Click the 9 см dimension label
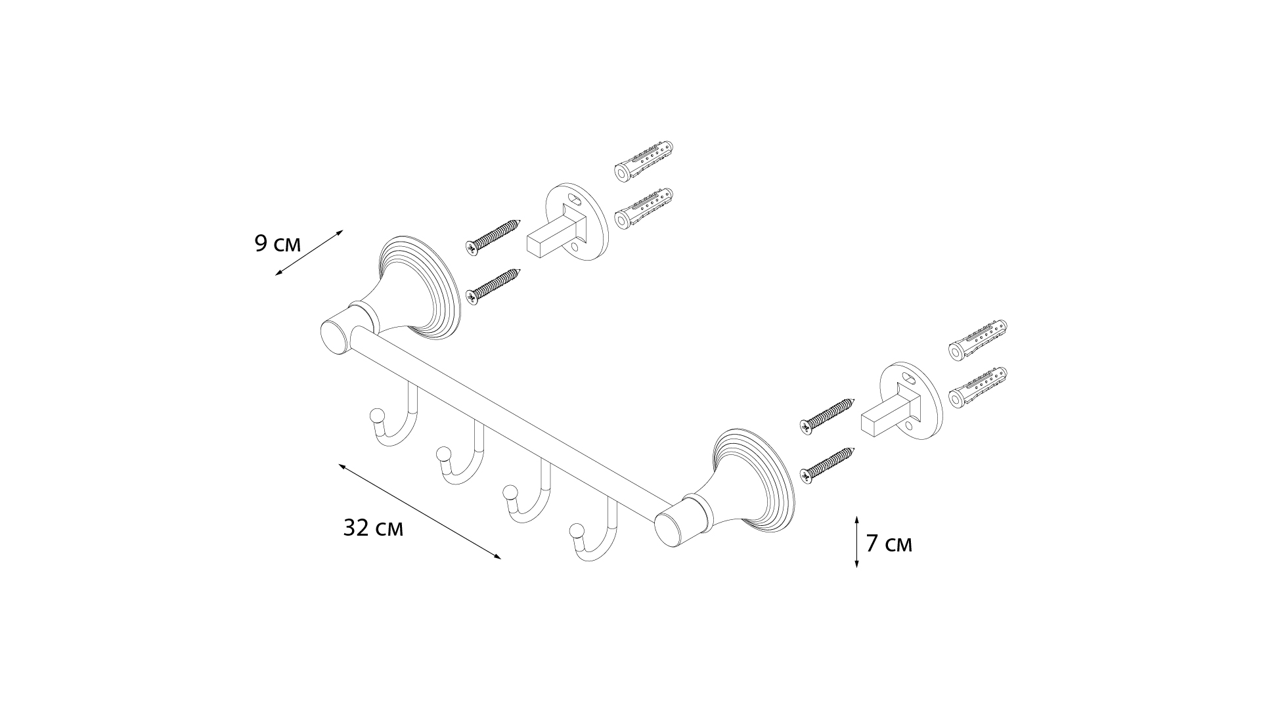[x=277, y=244]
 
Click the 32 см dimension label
[x=373, y=528]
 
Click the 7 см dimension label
[x=889, y=544]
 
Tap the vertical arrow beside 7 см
[x=856, y=542]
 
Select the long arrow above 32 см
[x=420, y=511]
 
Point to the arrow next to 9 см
[x=309, y=252]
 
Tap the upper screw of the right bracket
[x=827, y=415]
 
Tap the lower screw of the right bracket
[x=827, y=463]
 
